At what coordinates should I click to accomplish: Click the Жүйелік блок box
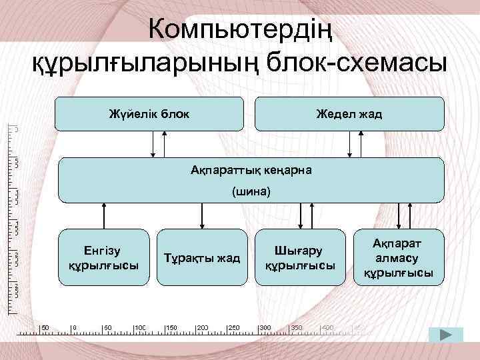tap(149, 113)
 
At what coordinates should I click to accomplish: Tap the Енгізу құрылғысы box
tap(103, 257)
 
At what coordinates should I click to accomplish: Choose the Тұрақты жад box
tap(202, 258)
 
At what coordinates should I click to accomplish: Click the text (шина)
tap(251, 192)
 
